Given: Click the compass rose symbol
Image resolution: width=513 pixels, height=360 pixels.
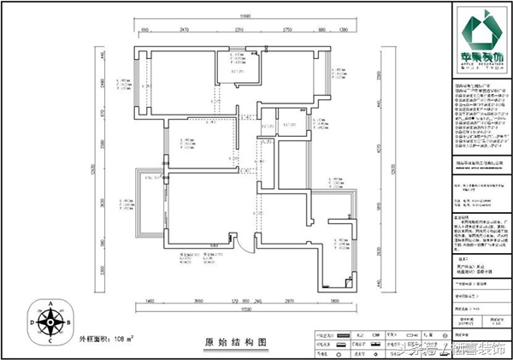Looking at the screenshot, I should pyautogui.click(x=50, y=323).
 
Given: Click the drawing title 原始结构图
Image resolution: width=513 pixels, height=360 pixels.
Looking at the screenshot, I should pyautogui.click(x=235, y=340).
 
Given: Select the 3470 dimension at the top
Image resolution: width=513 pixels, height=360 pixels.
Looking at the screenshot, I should pyautogui.click(x=183, y=29).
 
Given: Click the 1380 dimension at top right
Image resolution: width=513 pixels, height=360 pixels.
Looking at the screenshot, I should pyautogui.click(x=344, y=29).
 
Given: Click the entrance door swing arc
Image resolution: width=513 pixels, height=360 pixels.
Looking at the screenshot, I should pyautogui.click(x=243, y=245).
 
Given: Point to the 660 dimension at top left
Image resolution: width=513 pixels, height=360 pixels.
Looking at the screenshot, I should pyautogui.click(x=144, y=29).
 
